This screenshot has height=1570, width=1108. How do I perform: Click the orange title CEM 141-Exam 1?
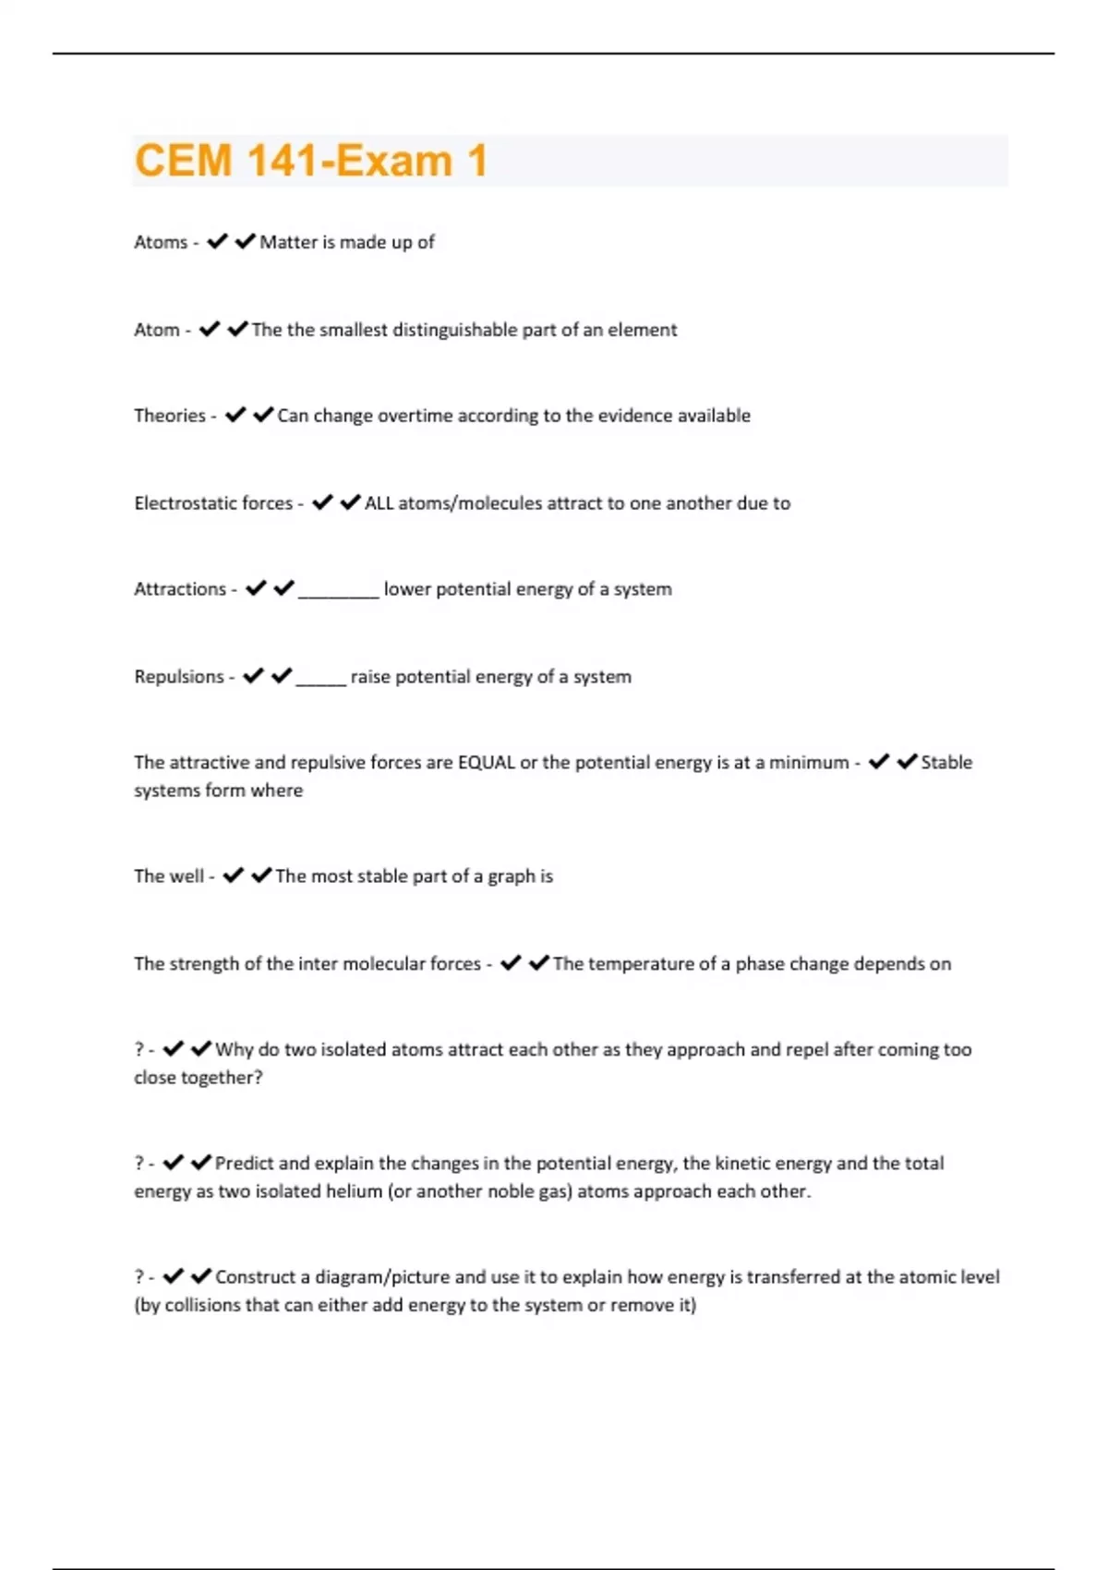310,161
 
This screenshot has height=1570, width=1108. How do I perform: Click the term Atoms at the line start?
161,242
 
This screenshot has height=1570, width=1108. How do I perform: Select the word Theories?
170,416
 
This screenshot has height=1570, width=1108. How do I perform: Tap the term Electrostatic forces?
213,503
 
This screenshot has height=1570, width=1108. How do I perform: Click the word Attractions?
180,589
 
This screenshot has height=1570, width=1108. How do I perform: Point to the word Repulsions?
179,677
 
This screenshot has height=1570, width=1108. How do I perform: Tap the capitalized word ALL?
379,503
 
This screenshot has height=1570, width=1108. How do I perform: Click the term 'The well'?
168,876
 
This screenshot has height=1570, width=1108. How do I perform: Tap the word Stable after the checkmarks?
946,763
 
